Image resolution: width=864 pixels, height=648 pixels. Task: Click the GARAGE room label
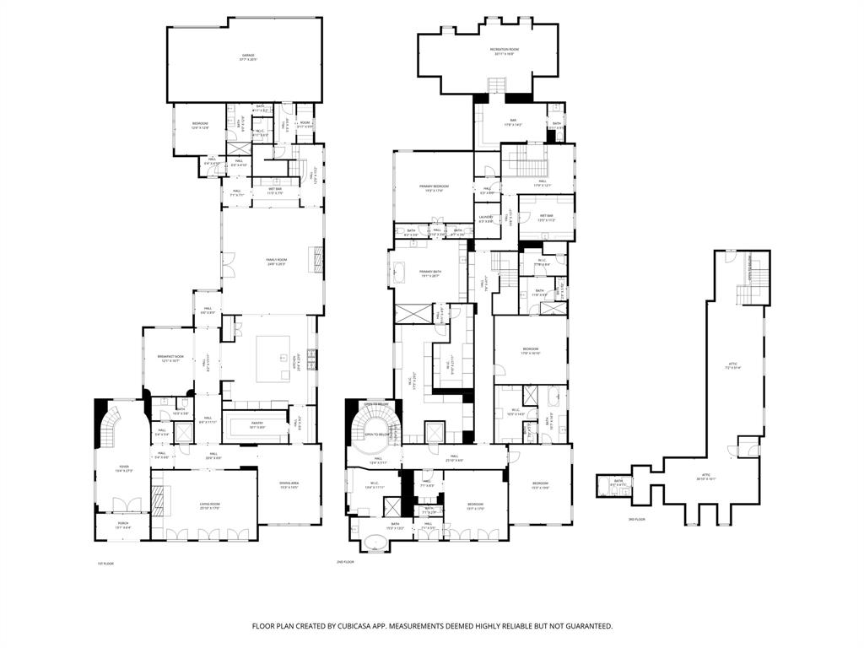click(x=247, y=56)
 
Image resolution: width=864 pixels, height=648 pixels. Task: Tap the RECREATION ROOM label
click(x=505, y=50)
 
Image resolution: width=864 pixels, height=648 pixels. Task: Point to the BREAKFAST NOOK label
click(x=170, y=358)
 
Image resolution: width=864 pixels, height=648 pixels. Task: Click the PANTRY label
click(x=257, y=424)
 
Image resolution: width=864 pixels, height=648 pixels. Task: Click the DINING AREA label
click(x=289, y=484)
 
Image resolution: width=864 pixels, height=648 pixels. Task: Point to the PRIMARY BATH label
click(x=431, y=273)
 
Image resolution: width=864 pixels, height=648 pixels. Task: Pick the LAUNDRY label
click(x=486, y=219)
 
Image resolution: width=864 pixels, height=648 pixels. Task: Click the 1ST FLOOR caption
click(x=105, y=563)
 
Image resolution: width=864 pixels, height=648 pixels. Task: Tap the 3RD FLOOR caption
click(x=637, y=520)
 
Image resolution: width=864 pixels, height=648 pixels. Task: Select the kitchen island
click(x=273, y=359)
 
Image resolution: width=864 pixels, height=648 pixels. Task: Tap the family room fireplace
click(x=318, y=255)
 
